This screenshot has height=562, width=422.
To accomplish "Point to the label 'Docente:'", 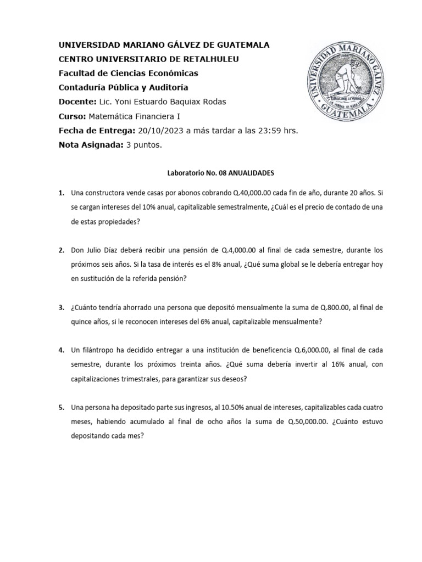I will pos(76,102).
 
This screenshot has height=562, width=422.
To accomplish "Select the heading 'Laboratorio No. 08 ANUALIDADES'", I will pos(220,172).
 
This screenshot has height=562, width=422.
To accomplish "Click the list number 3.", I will pos(61,307).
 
